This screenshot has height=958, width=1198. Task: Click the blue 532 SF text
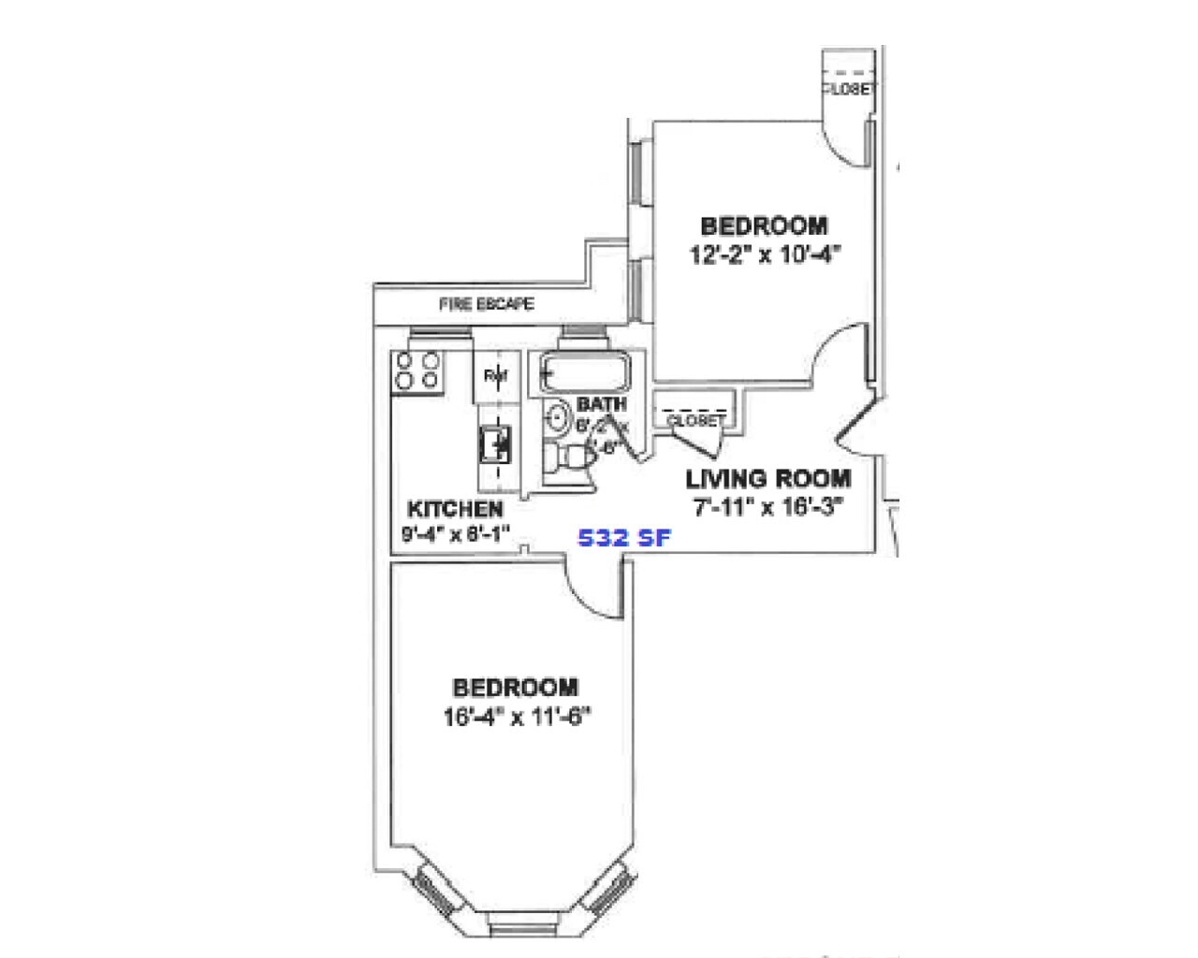[624, 538]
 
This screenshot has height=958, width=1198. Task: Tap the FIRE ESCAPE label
[486, 304]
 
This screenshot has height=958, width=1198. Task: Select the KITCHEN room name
[455, 510]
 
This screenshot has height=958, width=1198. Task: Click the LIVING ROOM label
[768, 479]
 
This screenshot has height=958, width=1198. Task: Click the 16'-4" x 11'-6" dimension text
[518, 718]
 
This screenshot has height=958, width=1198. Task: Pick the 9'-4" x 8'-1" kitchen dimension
[455, 534]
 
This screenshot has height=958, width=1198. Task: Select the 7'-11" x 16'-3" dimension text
[768, 507]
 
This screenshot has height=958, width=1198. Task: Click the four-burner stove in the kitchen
[417, 370]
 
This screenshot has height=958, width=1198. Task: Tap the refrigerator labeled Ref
[495, 375]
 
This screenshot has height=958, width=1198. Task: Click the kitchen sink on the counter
[495, 443]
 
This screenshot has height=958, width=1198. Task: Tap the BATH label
[601, 404]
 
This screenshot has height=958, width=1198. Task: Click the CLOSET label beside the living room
[695, 421]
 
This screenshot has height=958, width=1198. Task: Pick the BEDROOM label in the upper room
[764, 226]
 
